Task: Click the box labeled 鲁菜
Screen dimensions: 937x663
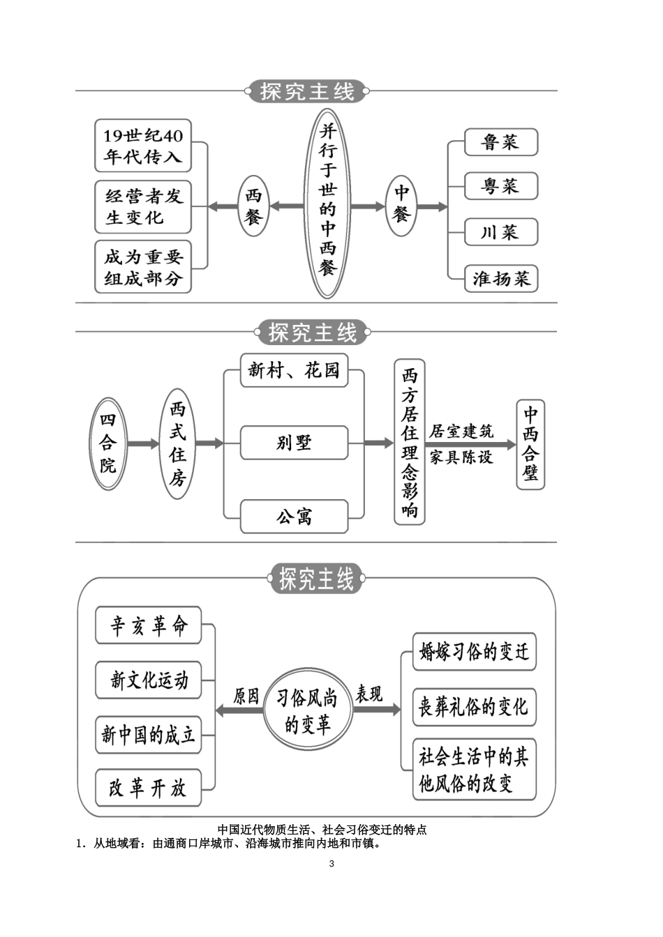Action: pos(501,142)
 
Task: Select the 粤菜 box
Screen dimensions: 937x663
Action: pos(501,186)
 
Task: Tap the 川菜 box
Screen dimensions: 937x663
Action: pos(501,232)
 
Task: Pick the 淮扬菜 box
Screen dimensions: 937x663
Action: pos(501,279)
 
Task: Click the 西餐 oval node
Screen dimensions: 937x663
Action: pos(253,206)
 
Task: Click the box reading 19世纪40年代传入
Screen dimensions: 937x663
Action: pos(143,146)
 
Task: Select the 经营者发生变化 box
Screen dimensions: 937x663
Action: pos(143,206)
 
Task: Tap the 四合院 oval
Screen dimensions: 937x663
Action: pos(108,443)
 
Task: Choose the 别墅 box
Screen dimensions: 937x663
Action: pos(294,443)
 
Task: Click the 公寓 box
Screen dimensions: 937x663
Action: pos(294,517)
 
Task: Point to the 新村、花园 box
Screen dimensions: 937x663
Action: pos(294,371)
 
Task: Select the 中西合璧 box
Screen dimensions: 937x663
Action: pos(530,444)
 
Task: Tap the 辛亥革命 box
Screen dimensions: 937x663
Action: pos(148,625)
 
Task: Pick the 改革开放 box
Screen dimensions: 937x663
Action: pos(148,789)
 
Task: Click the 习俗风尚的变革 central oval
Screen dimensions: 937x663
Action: pos(308,710)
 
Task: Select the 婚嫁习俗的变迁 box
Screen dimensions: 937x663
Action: pos(474,652)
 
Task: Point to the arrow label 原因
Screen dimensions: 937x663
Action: pos(246,696)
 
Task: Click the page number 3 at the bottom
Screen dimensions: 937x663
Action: pos(331,864)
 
